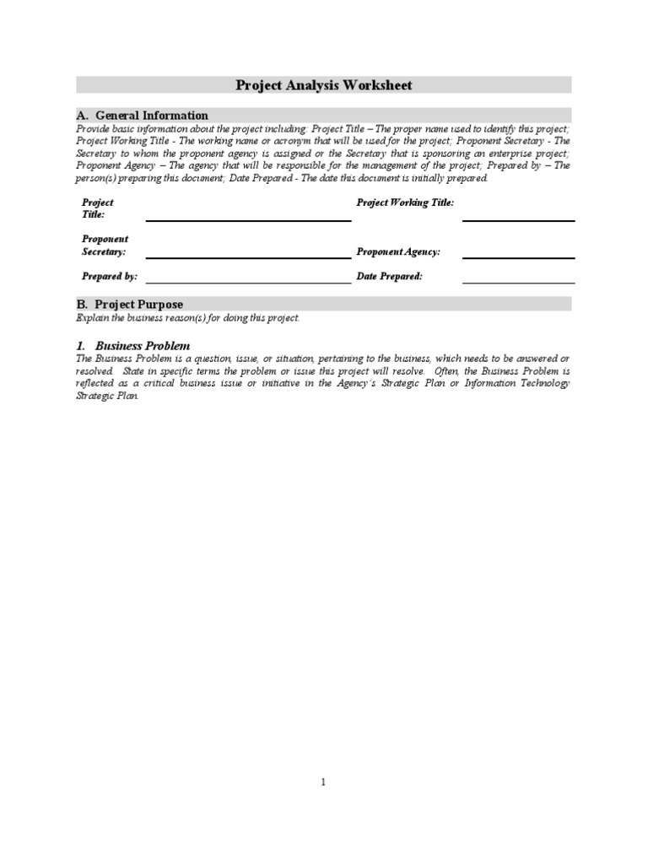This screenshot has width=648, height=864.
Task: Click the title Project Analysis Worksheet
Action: click(323, 85)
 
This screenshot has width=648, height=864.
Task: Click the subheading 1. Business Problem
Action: click(132, 346)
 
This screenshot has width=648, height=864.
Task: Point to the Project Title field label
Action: click(97, 208)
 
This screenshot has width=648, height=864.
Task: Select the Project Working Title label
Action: click(405, 202)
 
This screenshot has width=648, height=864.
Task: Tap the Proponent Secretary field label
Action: click(105, 246)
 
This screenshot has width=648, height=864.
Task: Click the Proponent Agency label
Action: click(398, 251)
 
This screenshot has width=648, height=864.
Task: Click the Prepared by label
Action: click(110, 276)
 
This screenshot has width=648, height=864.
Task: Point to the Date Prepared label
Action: click(390, 276)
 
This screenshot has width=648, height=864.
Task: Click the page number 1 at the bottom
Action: click(323, 782)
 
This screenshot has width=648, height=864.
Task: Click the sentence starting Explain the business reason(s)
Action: click(187, 318)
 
